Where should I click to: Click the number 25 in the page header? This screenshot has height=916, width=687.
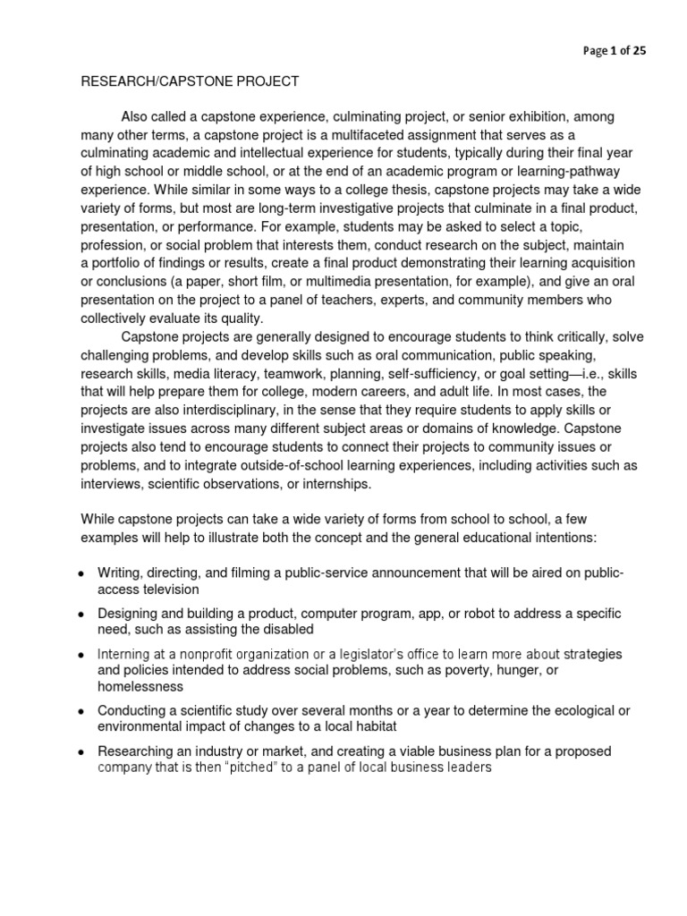coord(639,51)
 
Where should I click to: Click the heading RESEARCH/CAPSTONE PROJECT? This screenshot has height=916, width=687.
coord(191,82)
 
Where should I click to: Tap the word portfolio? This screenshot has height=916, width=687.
coord(118,262)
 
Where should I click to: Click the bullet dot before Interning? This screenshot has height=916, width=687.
coord(81,655)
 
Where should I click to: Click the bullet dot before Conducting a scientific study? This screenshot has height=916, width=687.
coord(81,711)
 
